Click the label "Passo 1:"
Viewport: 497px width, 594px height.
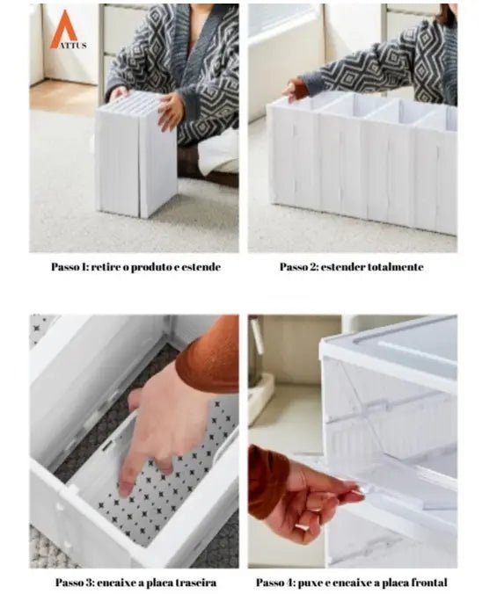pyautogui.click(x=69, y=267)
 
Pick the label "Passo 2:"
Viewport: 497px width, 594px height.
pyautogui.click(x=299, y=267)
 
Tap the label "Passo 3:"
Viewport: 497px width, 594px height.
pyautogui.click(x=75, y=583)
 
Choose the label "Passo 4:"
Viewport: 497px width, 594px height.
pyautogui.click(x=275, y=583)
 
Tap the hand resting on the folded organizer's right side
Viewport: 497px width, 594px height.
pyautogui.click(x=170, y=111)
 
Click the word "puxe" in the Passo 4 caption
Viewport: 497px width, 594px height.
pyautogui.click(x=311, y=583)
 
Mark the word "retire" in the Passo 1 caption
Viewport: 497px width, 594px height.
pyautogui.click(x=106, y=267)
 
